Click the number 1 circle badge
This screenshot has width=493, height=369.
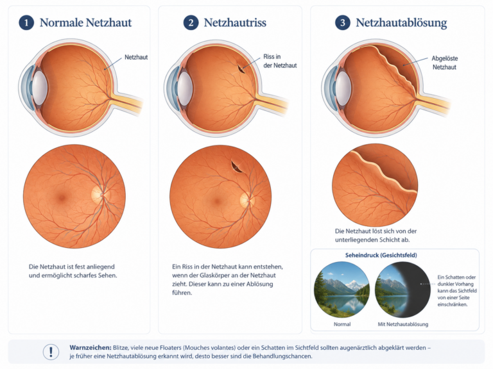click(26, 22)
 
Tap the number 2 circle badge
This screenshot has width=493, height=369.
click(191, 22)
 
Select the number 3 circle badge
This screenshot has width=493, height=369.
click(343, 22)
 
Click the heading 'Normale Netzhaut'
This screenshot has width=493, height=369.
click(85, 22)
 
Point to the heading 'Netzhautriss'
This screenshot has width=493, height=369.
click(235, 22)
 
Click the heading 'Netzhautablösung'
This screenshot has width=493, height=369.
click(401, 23)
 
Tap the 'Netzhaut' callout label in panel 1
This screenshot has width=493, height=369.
click(136, 57)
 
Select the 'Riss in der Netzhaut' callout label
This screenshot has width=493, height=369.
click(280, 61)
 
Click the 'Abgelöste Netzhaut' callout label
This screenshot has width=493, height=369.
click(444, 62)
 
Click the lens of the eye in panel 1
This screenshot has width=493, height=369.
click(40, 88)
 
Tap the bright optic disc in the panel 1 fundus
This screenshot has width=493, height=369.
click(100, 194)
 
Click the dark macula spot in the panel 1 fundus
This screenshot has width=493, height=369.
click(62, 198)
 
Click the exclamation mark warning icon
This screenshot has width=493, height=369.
click(51, 352)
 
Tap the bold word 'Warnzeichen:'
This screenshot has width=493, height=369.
click(91, 348)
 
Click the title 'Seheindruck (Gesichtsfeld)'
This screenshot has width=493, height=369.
click(381, 255)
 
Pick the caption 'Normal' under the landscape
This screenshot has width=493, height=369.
click(342, 324)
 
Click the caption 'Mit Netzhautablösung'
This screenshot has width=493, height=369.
click(402, 324)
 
